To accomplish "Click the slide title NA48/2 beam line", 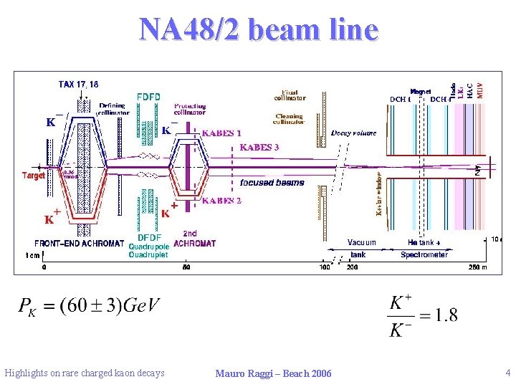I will click(x=258, y=30).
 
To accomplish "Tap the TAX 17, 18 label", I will click(x=79, y=84).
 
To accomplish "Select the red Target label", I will click(x=34, y=175).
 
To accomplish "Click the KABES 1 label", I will click(x=221, y=133).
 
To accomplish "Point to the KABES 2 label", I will click(x=221, y=201).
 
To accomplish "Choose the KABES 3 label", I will click(x=259, y=148).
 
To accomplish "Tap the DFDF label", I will click(x=148, y=237).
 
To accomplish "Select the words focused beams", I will click(x=272, y=182).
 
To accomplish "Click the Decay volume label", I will click(x=353, y=133).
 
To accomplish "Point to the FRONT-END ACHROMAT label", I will click(x=79, y=243).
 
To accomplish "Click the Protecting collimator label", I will click(x=190, y=109).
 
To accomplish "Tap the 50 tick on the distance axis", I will click(x=186, y=267).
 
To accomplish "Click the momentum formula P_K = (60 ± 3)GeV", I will click(x=89, y=307).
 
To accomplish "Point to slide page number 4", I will click(x=507, y=372).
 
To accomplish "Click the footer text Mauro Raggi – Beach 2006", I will click(x=273, y=373).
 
